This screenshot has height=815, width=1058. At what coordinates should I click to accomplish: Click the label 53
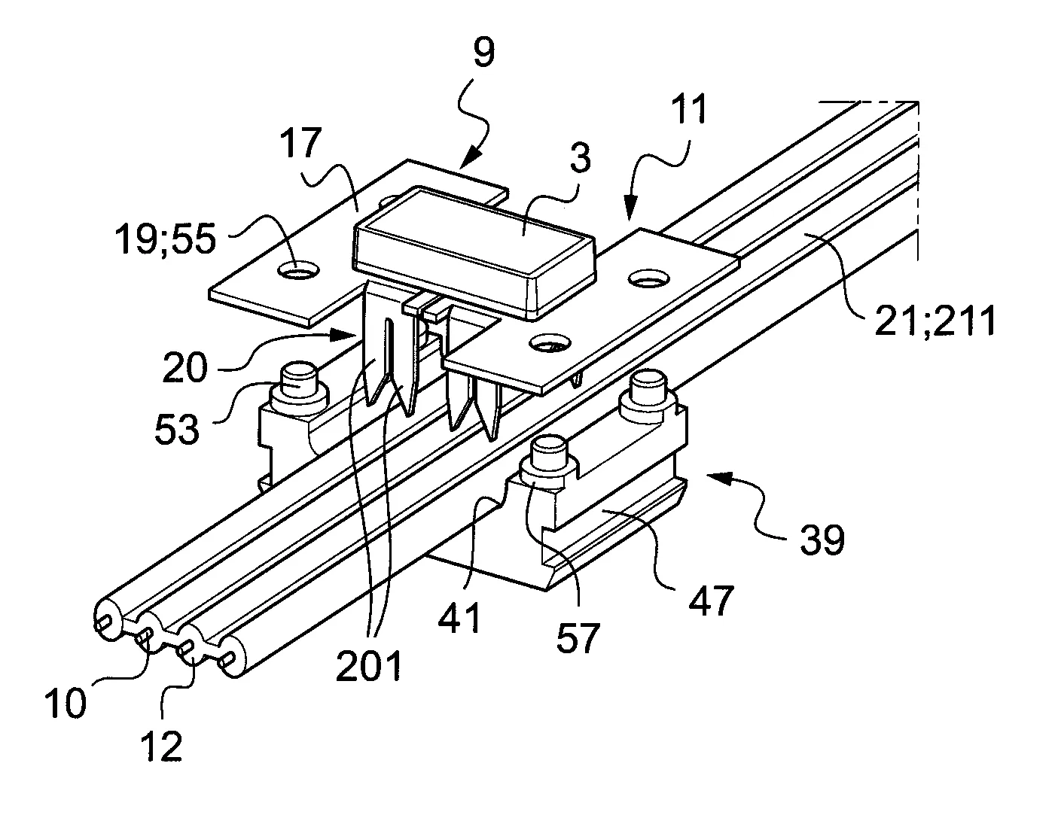point(176,427)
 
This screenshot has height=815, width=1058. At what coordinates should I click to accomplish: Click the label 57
point(578,638)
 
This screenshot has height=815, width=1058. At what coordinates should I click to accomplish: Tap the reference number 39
point(821,540)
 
